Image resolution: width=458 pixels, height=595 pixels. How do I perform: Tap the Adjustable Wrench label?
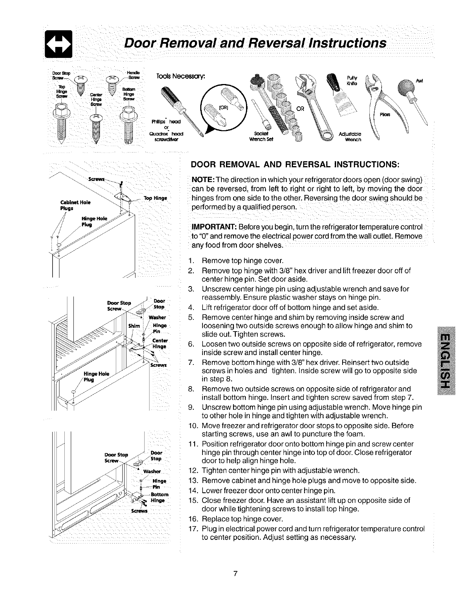[350, 136]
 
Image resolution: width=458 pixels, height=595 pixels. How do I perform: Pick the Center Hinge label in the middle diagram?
[159, 343]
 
